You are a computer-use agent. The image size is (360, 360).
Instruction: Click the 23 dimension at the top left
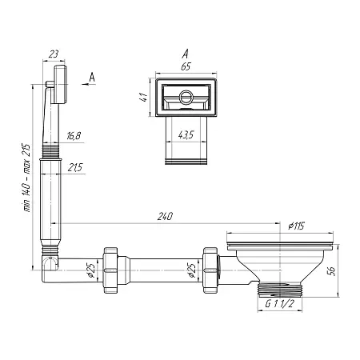[54, 54]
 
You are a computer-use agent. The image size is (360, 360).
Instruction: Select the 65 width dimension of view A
[186, 66]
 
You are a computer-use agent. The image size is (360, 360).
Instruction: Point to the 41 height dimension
[144, 97]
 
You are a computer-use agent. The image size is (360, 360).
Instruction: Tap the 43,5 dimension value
[186, 135]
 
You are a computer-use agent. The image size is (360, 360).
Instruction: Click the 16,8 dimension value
[74, 136]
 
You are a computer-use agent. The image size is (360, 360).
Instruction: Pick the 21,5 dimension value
[75, 168]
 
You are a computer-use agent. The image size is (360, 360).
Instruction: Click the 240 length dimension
[165, 216]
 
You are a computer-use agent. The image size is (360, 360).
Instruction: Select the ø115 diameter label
[296, 226]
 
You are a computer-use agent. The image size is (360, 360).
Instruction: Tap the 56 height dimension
[331, 270]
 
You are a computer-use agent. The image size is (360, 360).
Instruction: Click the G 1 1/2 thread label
[279, 303]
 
